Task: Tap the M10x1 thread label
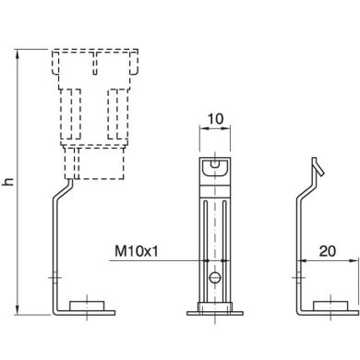[137, 250]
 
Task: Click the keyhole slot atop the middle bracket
[214, 165]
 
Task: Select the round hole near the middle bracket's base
[214, 275]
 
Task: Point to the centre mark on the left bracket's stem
[56, 276]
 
